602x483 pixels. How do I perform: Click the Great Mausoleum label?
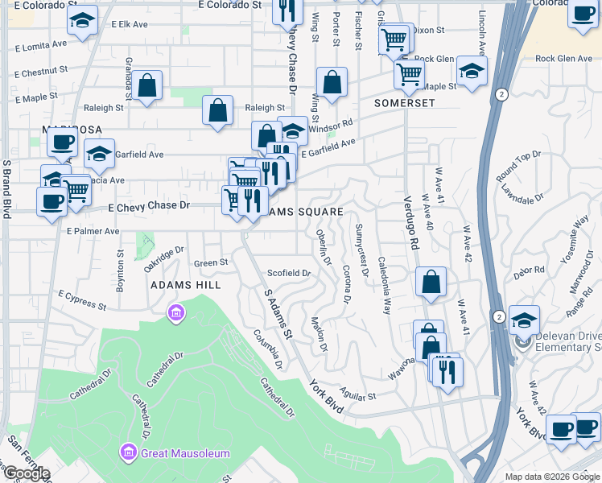(185, 453)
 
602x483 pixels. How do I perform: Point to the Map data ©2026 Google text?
(552, 477)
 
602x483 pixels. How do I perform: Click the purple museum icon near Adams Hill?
(175, 312)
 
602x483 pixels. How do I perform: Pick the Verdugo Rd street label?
(410, 221)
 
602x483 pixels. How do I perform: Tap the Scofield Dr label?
(288, 273)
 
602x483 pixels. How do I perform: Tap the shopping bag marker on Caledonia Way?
(431, 282)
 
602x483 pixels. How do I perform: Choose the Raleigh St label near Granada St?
(103, 107)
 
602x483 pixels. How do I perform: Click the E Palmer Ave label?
(93, 231)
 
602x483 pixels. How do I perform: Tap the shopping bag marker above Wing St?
(332, 82)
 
